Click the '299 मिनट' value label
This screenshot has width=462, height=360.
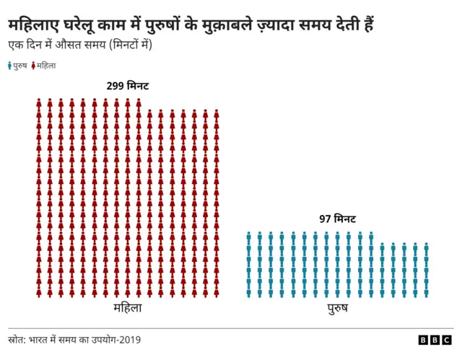(128, 86)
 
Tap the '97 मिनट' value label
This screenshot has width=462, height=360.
(337, 218)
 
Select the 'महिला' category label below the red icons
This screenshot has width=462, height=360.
(128, 308)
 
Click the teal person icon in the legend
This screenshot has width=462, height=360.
(9, 66)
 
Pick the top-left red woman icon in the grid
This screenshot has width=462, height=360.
(39, 104)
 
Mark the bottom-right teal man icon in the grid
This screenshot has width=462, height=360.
(426, 291)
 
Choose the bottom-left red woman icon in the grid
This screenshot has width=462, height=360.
(39, 291)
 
